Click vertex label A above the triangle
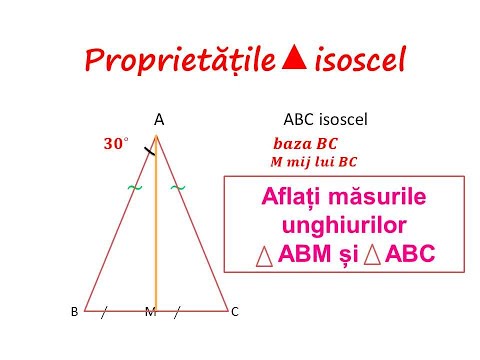click(x=159, y=119)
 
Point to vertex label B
click(x=75, y=312)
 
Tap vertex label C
click(x=234, y=312)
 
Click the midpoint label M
click(x=150, y=312)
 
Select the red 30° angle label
click(x=116, y=144)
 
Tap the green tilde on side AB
click(x=133, y=188)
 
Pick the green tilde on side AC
click(x=178, y=188)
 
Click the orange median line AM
click(x=156, y=230)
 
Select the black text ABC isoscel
click(x=326, y=119)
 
